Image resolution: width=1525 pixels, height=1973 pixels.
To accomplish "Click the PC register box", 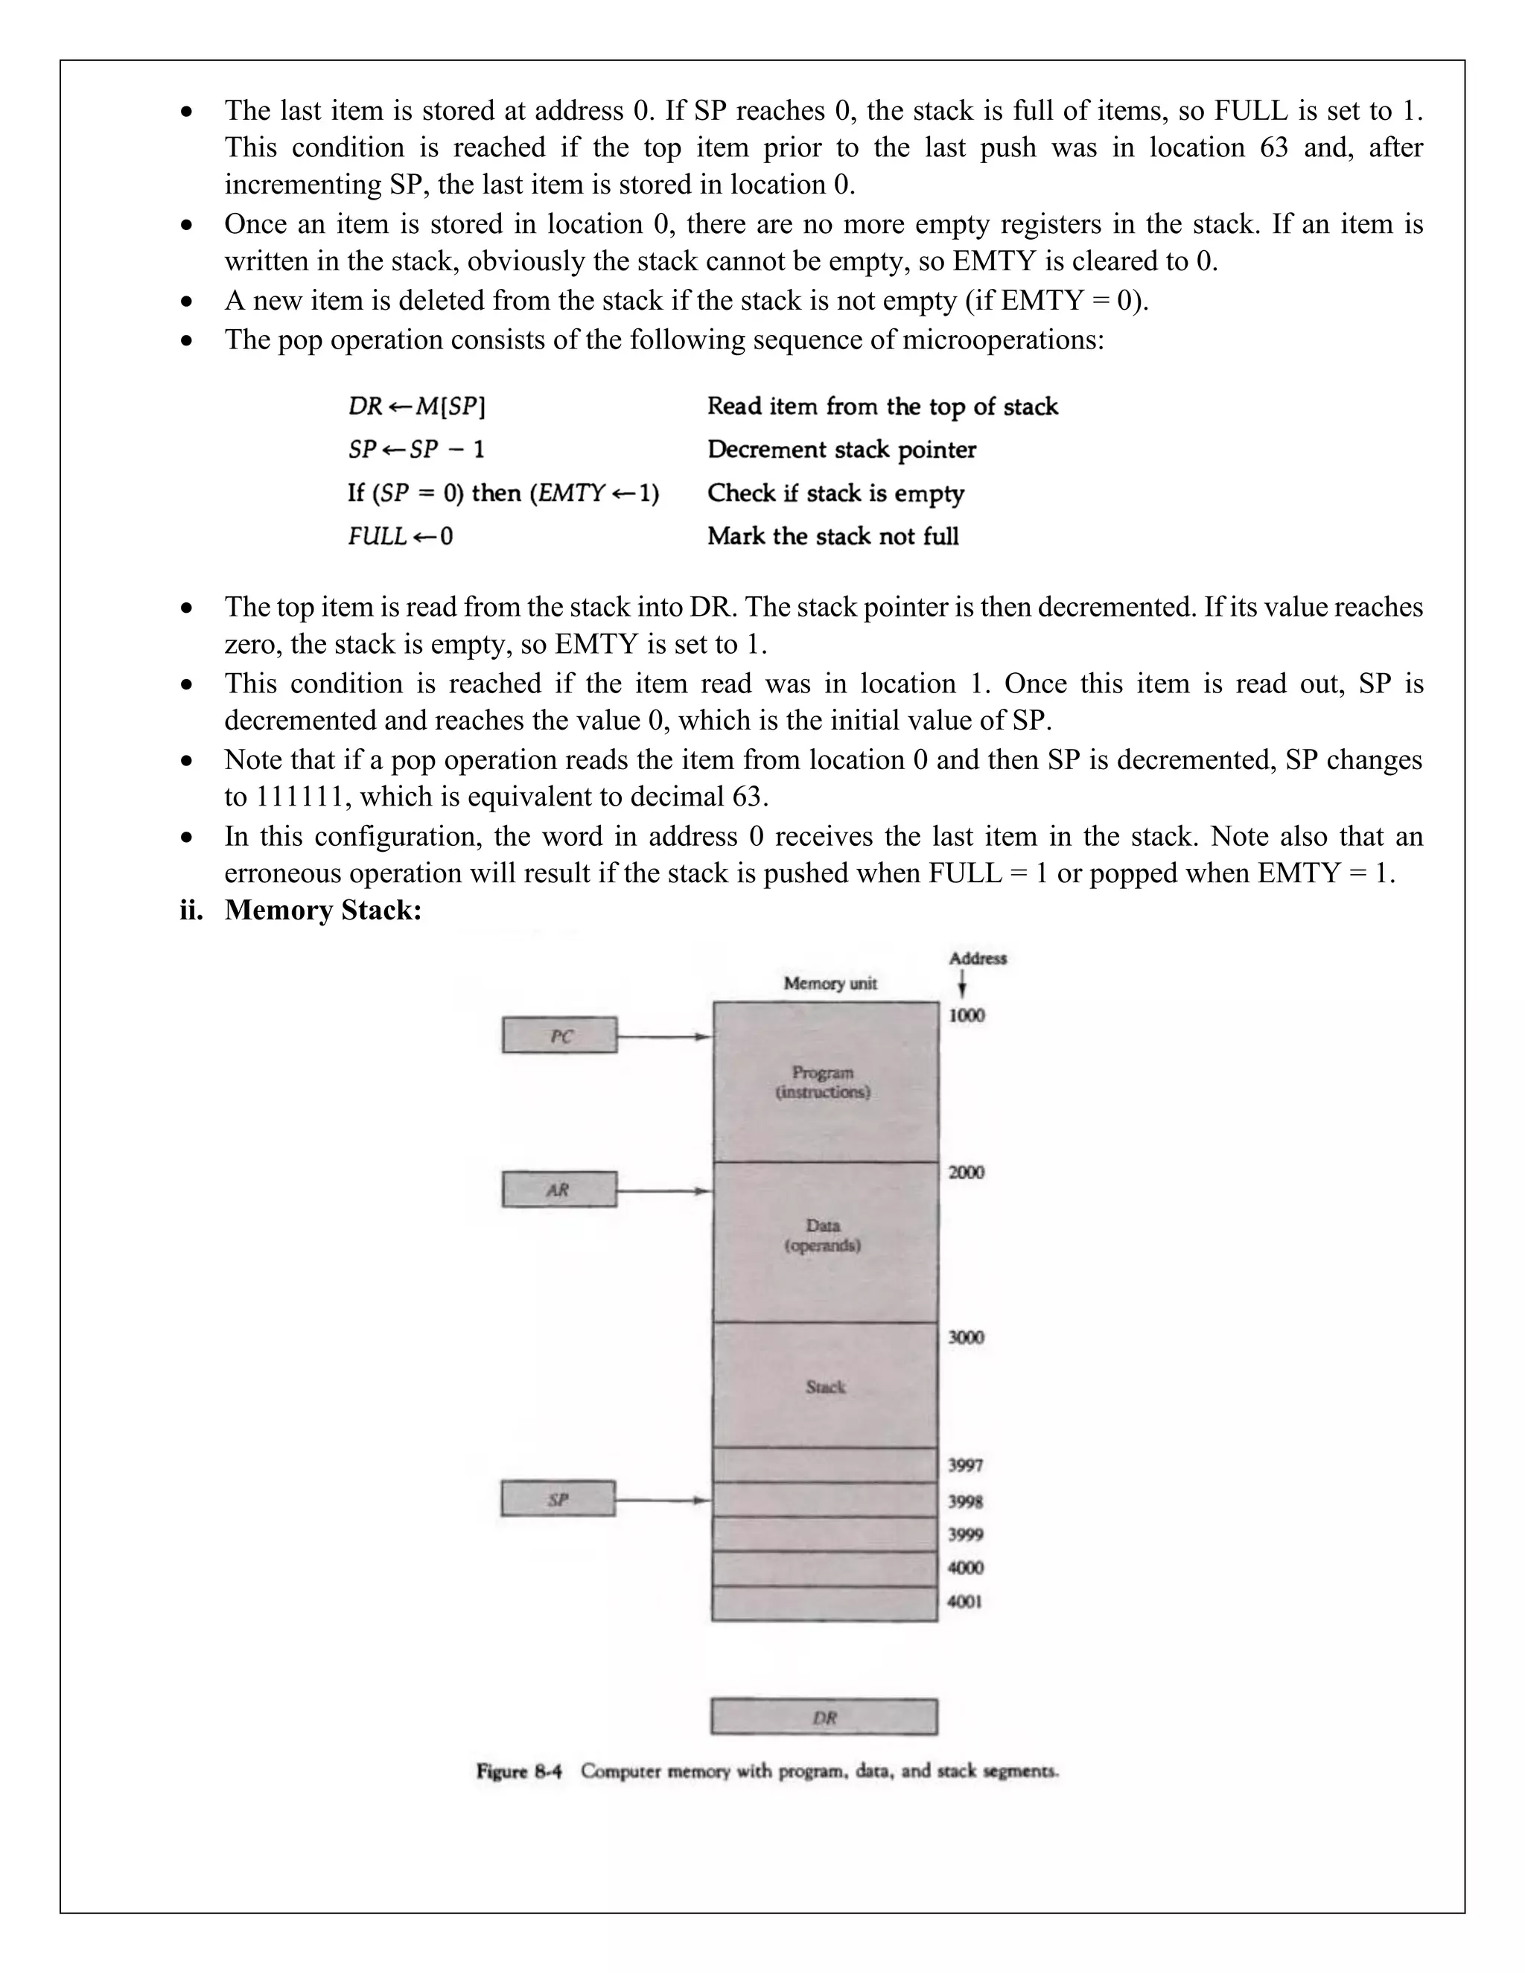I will [x=559, y=1036].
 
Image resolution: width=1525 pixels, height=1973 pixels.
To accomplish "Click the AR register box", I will [x=559, y=1189].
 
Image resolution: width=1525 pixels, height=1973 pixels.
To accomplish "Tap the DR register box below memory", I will [x=824, y=1718].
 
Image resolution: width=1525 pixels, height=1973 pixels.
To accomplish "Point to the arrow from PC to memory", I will [x=664, y=1037].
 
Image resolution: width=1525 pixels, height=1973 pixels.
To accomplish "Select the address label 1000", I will [x=966, y=1016].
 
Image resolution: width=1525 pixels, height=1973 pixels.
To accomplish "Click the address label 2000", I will [x=966, y=1173].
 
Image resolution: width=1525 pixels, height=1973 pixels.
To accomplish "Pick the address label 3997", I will [x=965, y=1465].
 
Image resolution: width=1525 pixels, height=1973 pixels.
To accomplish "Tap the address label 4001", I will [x=965, y=1601].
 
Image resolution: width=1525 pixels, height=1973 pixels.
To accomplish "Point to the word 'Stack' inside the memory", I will [x=825, y=1387].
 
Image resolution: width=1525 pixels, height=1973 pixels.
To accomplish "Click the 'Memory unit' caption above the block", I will [x=830, y=984].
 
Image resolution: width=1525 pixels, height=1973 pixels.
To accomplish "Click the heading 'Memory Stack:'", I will [x=322, y=910].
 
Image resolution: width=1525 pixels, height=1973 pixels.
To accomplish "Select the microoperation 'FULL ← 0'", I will [x=400, y=537].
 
